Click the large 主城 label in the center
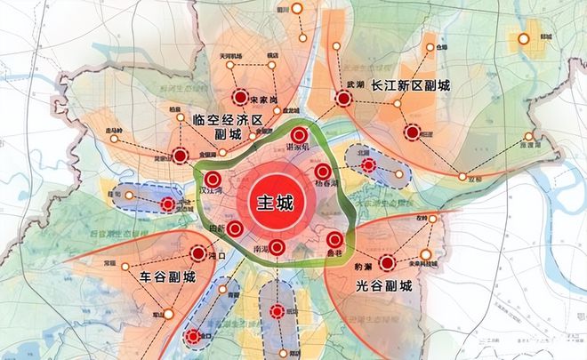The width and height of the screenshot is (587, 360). pyautogui.click(x=275, y=200)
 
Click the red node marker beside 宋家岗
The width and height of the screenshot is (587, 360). pyautogui.click(x=238, y=99)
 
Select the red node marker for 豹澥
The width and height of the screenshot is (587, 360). pyautogui.click(x=388, y=262)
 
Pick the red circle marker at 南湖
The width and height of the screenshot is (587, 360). pyautogui.click(x=277, y=247)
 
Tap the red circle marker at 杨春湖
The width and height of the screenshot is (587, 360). pyautogui.click(x=323, y=171)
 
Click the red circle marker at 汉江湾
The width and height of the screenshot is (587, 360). pyautogui.click(x=212, y=179)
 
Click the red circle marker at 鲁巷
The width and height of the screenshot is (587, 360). pyautogui.click(x=334, y=239)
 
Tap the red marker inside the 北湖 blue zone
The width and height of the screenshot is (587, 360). pyautogui.click(x=368, y=164)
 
